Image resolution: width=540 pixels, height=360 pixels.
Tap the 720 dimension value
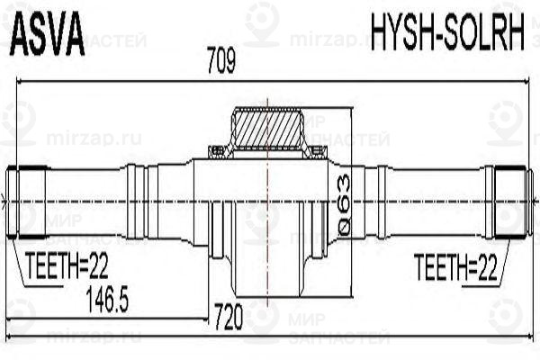[229, 316]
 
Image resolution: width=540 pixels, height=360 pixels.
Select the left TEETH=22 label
[67, 265]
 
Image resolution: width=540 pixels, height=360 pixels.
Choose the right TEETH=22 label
[457, 265]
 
